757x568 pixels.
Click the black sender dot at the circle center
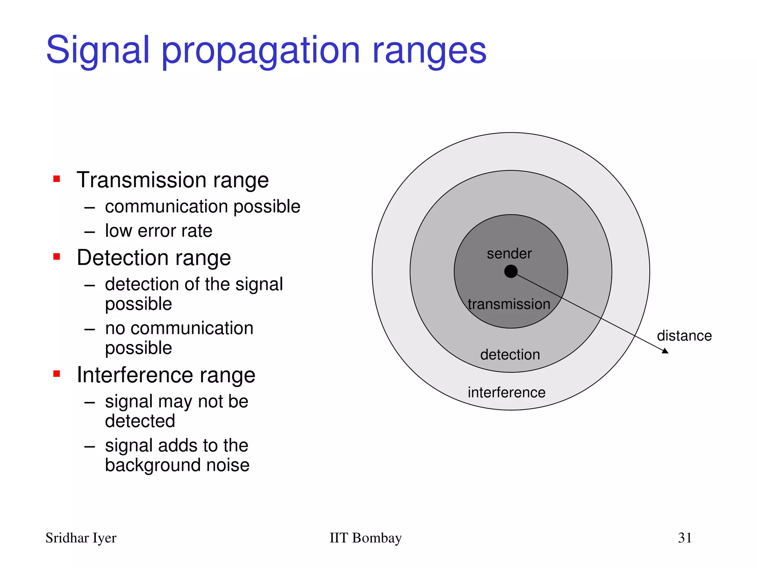[511, 271]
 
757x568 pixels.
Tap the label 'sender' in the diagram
[509, 254]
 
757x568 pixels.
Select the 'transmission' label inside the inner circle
[509, 304]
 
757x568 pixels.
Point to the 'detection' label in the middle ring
[510, 355]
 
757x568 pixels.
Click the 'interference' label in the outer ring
[506, 392]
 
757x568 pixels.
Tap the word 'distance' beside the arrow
[684, 336]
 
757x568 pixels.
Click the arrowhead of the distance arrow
[665, 351]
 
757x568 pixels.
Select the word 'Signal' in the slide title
[98, 50]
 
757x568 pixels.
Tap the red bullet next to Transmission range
[57, 179]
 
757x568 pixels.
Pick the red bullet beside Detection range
[57, 257]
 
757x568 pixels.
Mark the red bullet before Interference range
[57, 374]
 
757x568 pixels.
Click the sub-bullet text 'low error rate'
[159, 231]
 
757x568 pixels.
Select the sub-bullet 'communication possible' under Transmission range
[203, 206]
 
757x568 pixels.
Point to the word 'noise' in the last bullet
[228, 465]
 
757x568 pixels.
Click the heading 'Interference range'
[166, 375]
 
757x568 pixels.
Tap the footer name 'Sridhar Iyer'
[81, 538]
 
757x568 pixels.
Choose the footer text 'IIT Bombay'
[365, 538]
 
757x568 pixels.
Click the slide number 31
[685, 538]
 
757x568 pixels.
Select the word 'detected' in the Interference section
[140, 421]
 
